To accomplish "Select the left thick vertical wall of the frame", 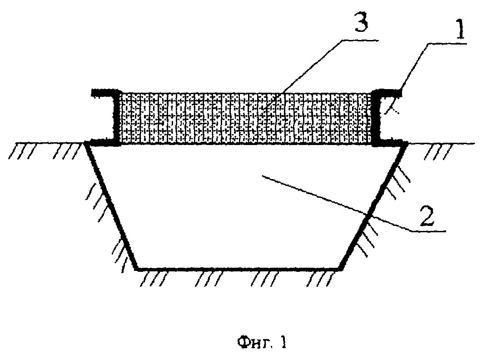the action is [117, 118].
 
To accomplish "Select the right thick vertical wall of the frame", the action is [375, 118].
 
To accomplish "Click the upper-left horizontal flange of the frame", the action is [104, 93].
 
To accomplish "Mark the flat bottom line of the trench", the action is [239, 268].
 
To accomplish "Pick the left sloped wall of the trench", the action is [111, 206].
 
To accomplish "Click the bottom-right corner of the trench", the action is [341, 269].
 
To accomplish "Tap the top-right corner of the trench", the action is [407, 143].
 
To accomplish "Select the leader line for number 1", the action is [426, 78].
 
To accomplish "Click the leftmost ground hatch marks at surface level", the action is [19, 151].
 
